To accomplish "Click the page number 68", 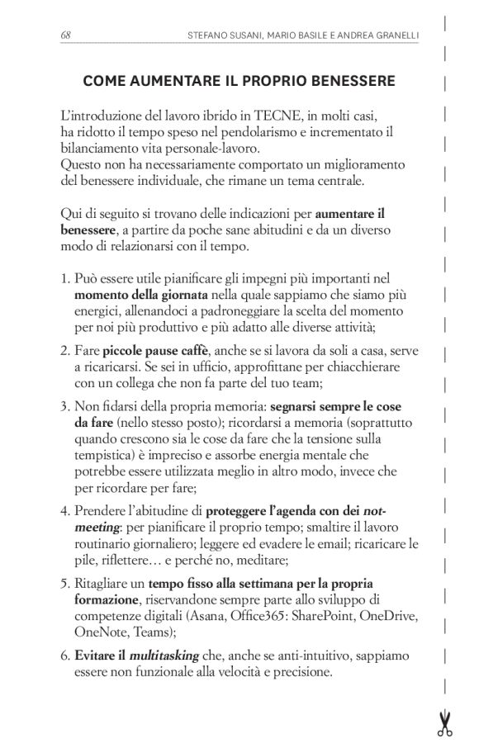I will click(66, 35).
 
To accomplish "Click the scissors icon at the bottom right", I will click(445, 722).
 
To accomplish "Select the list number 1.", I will click(64, 279).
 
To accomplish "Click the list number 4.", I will click(64, 510).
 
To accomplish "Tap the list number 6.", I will click(64, 656).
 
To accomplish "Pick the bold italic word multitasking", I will click(165, 656).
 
